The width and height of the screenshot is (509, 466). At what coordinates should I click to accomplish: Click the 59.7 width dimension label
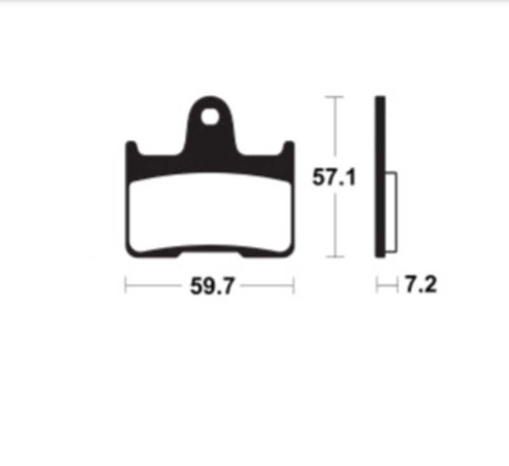coord(212,286)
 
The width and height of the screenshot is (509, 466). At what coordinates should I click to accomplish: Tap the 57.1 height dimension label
coord(334,178)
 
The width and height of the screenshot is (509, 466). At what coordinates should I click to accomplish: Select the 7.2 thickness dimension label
coord(421,284)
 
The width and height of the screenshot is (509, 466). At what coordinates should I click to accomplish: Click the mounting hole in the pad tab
coord(210,117)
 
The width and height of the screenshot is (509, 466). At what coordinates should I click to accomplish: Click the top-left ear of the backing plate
coord(131,148)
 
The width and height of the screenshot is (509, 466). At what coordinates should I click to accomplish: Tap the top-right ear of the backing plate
coord(289,148)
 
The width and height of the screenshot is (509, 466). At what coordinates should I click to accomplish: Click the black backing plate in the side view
coord(380,176)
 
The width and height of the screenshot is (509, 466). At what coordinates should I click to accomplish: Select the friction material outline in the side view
coord(396,213)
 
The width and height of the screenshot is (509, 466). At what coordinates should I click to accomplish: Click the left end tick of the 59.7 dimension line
coord(125,285)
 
